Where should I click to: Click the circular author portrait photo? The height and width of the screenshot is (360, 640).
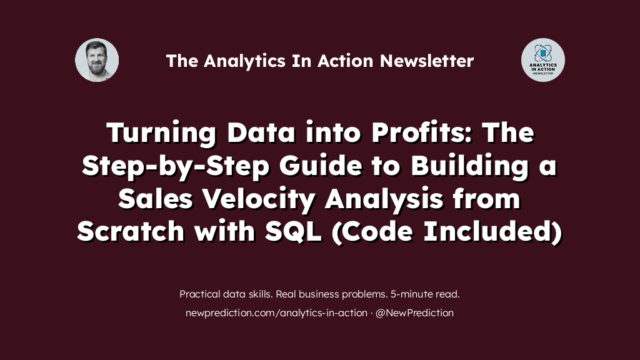pos(97,60)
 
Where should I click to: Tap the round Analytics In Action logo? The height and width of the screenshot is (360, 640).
pos(543,60)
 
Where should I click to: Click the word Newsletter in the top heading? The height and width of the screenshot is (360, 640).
pos(427,61)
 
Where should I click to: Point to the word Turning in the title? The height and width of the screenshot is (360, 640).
pos(162,133)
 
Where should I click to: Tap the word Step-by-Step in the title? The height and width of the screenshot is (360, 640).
pos(176,166)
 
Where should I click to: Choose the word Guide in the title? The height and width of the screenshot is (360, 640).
pos(321,166)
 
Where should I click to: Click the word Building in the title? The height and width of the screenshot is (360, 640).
pos(470,166)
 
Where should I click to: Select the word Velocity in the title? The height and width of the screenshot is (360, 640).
pos(259,199)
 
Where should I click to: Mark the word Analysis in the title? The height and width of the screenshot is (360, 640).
pos(384,199)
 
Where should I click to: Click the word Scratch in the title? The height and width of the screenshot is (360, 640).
pos(131,231)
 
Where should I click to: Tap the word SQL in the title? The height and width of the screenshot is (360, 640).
pos(293,231)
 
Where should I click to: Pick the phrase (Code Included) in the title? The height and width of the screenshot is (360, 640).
pos(447,232)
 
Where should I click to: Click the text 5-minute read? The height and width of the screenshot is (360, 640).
pos(425,294)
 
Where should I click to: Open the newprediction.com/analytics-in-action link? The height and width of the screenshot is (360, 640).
pos(276,312)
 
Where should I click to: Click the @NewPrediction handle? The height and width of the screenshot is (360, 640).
pos(414,312)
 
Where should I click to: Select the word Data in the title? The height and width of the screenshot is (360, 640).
pos(261,132)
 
